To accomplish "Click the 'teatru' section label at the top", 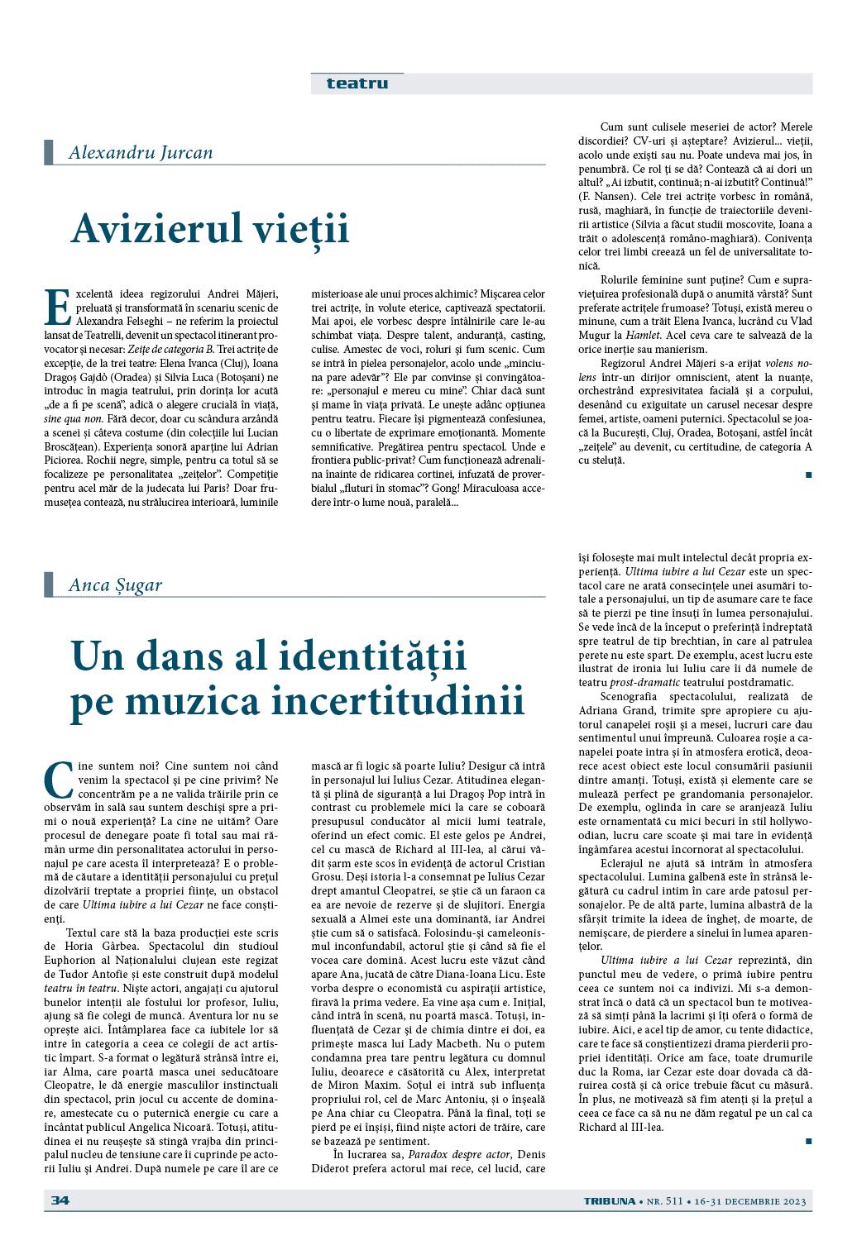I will pos(357,83).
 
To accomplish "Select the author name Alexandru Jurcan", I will pos(141,152).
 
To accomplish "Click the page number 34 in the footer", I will pos(60,1200).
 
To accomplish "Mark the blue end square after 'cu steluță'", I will pos(808,475).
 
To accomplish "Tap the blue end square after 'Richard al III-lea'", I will pos(808,1141).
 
